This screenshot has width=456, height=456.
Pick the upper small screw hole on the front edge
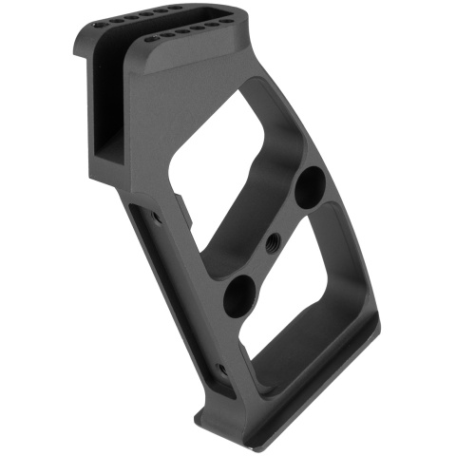[x=156, y=217]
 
